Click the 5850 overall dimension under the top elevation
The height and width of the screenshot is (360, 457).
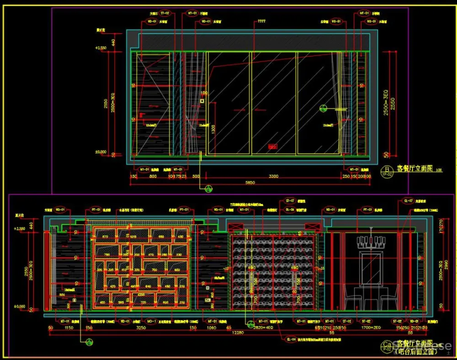tap(250, 183)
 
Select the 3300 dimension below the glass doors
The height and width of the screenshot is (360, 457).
tap(273, 176)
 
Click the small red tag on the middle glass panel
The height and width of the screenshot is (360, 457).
tap(273, 147)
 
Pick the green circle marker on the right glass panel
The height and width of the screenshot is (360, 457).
tap(323, 108)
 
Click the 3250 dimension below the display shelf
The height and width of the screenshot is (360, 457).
tap(141, 328)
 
